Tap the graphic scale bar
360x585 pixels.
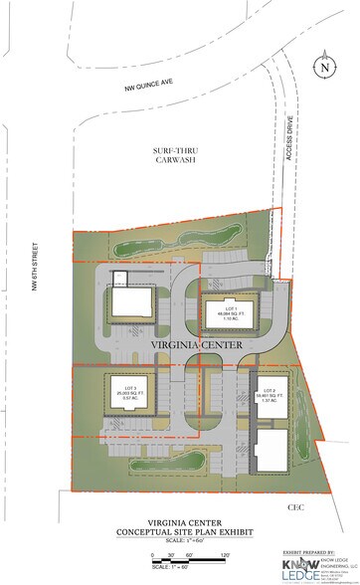tap(189, 560)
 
